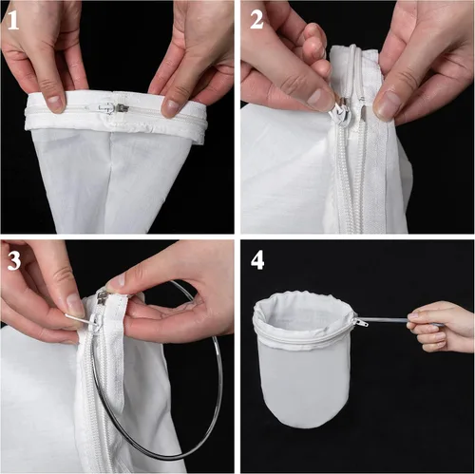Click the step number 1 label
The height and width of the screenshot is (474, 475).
tap(13, 20)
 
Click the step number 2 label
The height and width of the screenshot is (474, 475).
tap(256, 20)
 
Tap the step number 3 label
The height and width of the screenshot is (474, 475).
tap(14, 260)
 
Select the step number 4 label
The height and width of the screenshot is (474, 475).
tap(257, 261)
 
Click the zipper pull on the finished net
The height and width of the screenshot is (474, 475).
tap(361, 322)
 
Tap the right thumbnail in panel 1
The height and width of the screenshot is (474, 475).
tap(168, 105)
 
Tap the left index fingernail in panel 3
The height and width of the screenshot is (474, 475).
tap(75, 304)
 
